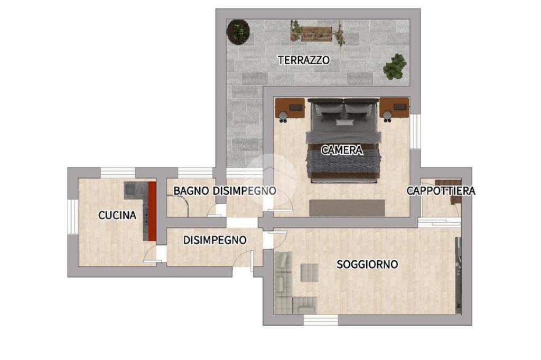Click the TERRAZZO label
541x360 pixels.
click(x=304, y=60)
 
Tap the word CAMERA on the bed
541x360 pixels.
click(x=342, y=150)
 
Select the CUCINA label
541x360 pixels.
click(x=117, y=215)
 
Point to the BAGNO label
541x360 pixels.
click(x=191, y=191)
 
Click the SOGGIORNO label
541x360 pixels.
click(x=367, y=264)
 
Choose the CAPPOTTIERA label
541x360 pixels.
click(x=441, y=191)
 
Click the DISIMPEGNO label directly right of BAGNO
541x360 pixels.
click(x=245, y=191)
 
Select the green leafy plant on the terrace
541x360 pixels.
click(x=395, y=67)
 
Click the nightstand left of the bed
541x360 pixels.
click(x=290, y=109)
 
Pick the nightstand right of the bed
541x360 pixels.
click(x=395, y=109)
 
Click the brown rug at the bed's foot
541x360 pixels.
click(x=347, y=207)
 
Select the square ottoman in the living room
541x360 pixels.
click(x=309, y=272)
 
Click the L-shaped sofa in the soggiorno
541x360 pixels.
click(x=288, y=288)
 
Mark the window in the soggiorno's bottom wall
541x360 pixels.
click(x=321, y=320)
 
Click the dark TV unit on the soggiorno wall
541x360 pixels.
click(x=459, y=274)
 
